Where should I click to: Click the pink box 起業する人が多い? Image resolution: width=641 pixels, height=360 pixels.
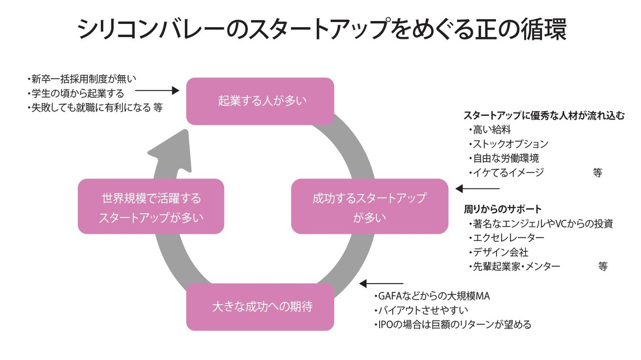259,101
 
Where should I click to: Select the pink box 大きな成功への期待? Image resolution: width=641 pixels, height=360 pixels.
259,307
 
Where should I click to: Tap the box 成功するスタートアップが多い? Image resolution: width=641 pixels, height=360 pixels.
370,206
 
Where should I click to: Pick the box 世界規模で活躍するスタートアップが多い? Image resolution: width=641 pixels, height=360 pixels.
151,206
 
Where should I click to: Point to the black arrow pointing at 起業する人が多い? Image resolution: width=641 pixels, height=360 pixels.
157,90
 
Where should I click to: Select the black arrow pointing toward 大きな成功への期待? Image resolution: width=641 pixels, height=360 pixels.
381,284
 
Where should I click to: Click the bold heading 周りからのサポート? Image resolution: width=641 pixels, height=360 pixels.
503,209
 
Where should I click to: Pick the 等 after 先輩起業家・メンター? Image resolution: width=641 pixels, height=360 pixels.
603,267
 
